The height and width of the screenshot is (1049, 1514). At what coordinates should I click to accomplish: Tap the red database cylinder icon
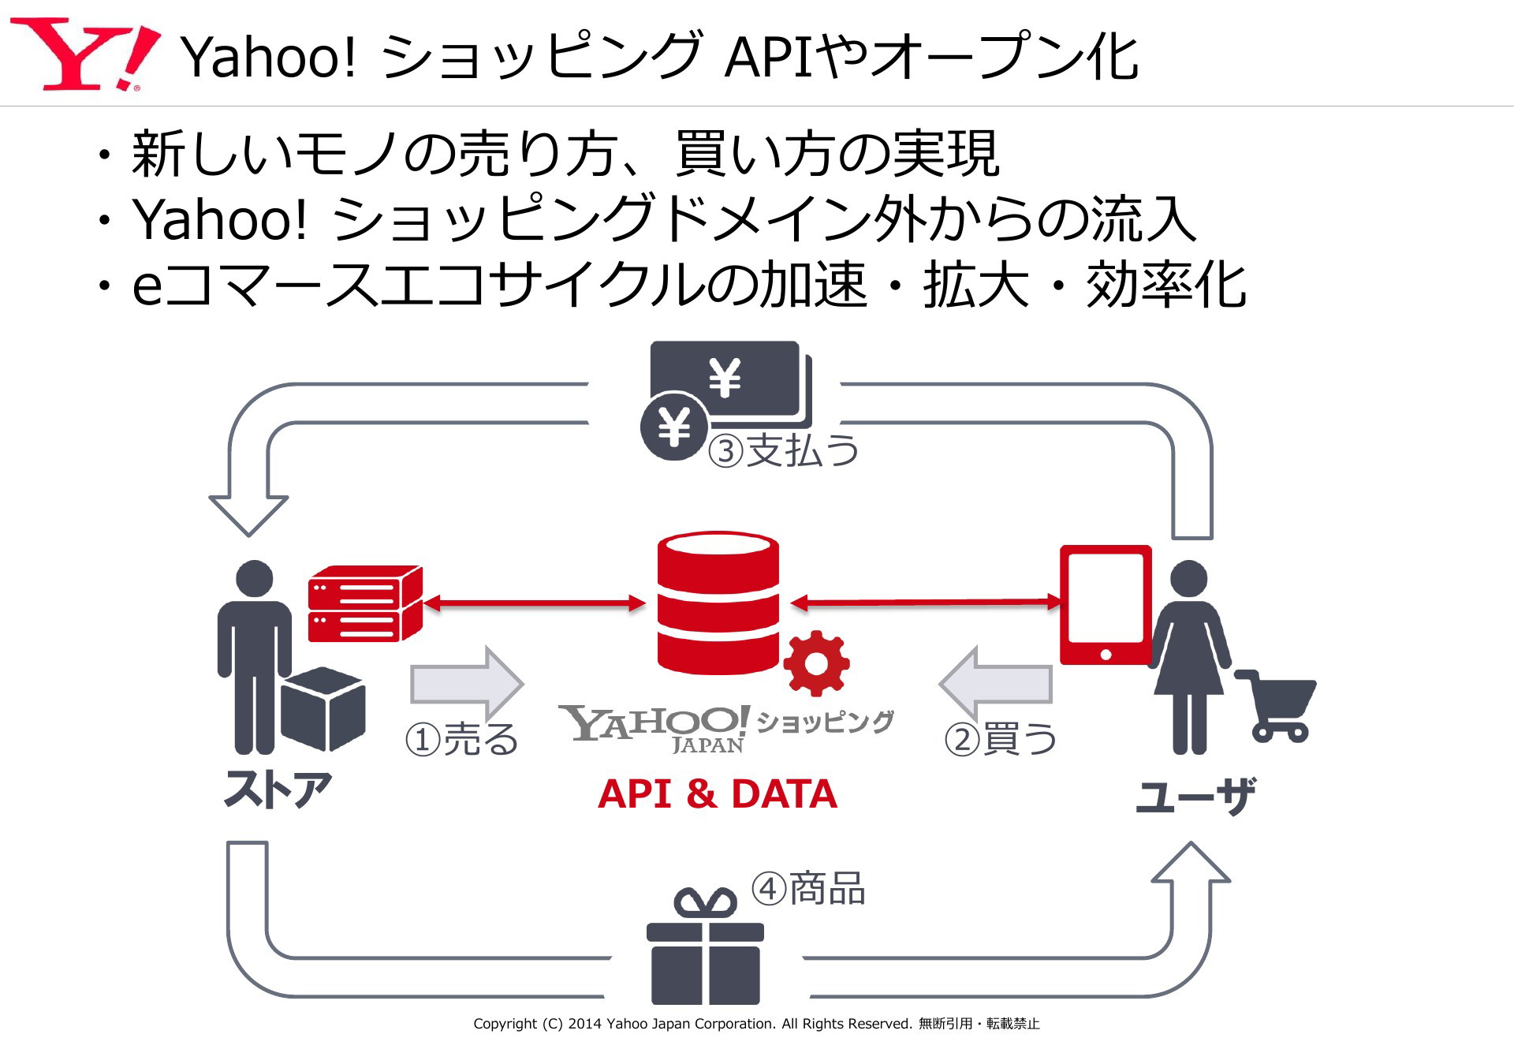[718, 603]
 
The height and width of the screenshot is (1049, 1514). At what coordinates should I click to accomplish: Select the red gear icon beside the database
[816, 663]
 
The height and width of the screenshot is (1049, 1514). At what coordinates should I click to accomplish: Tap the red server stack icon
[365, 603]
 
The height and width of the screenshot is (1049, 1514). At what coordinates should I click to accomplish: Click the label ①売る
[462, 740]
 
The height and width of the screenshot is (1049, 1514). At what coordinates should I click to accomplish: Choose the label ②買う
[1001, 740]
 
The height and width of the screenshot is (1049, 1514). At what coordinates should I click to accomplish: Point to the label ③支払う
[783, 451]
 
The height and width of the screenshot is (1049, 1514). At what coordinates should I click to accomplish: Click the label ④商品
[808, 889]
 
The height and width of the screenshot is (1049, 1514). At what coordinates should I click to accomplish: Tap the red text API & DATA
[718, 793]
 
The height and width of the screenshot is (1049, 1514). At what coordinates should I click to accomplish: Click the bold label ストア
[278, 790]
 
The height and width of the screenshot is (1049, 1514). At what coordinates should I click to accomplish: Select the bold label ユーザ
[1195, 796]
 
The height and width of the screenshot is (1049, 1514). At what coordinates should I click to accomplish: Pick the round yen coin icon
[673, 427]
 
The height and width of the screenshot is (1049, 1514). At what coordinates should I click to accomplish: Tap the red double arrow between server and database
[535, 604]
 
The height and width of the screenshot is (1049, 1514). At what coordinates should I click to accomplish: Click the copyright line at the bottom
[756, 1024]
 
